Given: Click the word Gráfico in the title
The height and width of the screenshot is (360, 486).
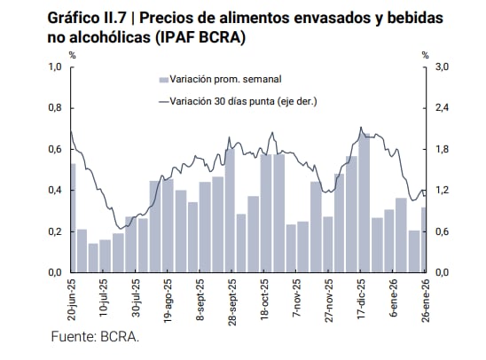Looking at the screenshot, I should coord(74,19).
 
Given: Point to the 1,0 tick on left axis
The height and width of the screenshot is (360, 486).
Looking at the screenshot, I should coord(54,67).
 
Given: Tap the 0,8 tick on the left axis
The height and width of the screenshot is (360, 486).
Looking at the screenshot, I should coord(54,108).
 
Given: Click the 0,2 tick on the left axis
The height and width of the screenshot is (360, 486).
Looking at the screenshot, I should coord(54,231).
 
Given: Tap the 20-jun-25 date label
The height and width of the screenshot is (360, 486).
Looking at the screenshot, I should coord(72,301).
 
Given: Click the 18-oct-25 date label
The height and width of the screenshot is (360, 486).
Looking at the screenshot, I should coord(265,301).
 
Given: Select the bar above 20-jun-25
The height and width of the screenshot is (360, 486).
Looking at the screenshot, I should coord(71,218).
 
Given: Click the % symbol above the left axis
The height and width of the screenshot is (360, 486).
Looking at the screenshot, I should coord(73,56).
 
